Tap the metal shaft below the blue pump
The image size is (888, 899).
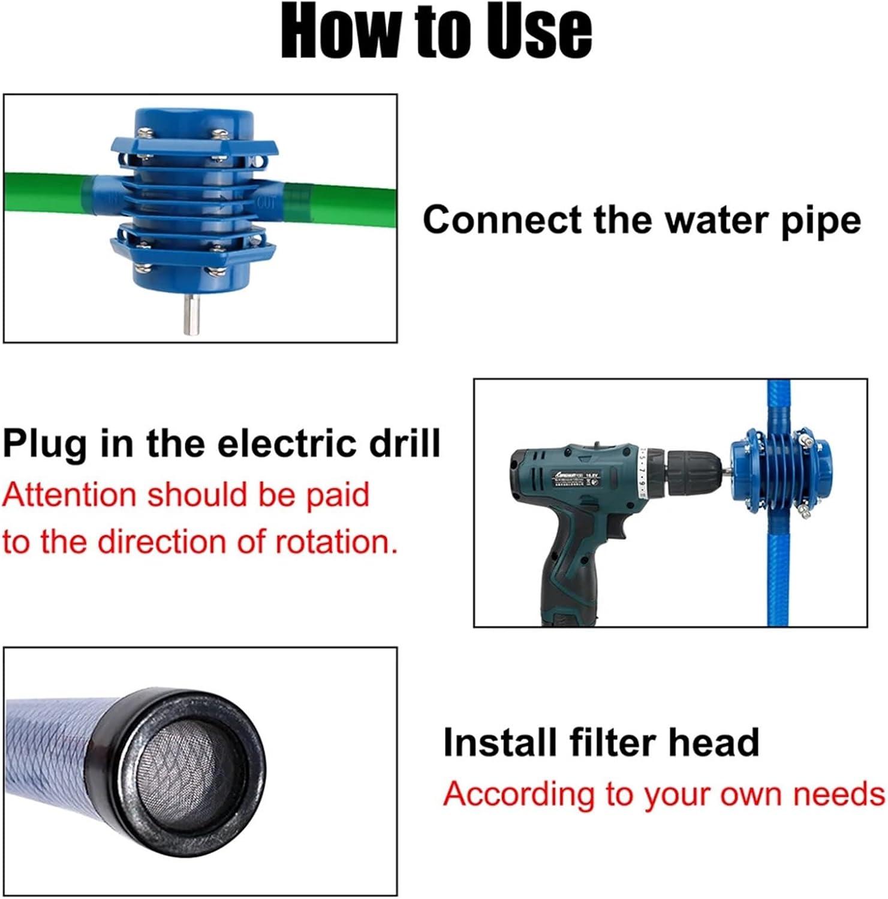[x=191, y=314]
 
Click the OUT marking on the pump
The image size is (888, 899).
[x=266, y=202]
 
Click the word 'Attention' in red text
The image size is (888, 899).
[x=69, y=496]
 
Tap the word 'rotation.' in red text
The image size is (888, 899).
[x=336, y=542]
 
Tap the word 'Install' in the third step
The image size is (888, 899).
[x=501, y=743]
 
